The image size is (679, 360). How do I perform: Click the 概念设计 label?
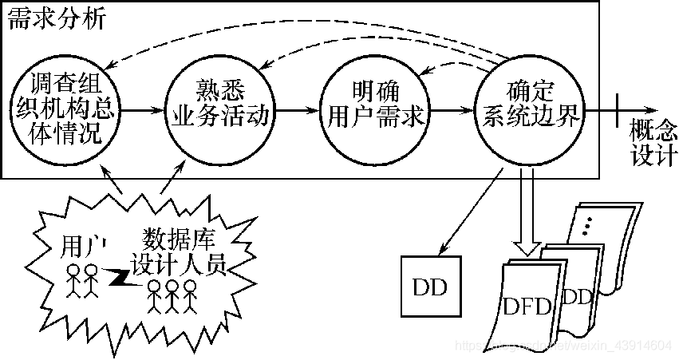(x=653, y=140)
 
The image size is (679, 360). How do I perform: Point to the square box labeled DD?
(x=431, y=286)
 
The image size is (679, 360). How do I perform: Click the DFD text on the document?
(x=527, y=306)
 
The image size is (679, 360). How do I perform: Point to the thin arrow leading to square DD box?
(x=467, y=209)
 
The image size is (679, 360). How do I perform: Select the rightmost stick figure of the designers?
(x=189, y=295)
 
